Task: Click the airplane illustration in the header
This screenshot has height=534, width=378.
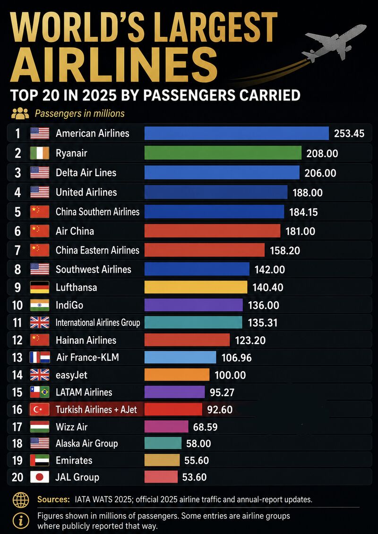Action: [x=334, y=43]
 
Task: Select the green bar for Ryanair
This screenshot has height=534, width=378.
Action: [x=223, y=153]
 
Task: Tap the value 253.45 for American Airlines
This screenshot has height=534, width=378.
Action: [x=349, y=134]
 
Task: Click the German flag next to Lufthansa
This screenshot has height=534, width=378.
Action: [x=40, y=287]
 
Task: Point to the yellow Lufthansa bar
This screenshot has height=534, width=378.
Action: [x=196, y=287]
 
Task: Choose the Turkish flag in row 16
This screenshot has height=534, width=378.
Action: [x=40, y=409]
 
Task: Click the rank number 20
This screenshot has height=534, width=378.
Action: [x=17, y=477]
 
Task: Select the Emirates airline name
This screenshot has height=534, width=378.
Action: [x=74, y=460]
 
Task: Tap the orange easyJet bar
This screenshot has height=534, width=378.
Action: [x=177, y=374]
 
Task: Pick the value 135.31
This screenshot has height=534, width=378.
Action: [x=262, y=322]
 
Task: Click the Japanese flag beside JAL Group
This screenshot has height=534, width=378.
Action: [x=40, y=477]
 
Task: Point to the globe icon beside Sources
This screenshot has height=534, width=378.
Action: [x=21, y=500]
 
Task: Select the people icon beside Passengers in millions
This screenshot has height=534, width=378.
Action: [x=20, y=113]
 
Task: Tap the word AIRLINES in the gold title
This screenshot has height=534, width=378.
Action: [x=114, y=65]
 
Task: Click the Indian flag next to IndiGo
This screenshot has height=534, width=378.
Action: [x=40, y=305]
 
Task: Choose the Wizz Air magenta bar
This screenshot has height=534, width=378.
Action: [x=166, y=426]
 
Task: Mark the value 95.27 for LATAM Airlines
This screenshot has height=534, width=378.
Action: [x=222, y=392]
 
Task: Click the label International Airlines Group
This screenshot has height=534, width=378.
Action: [x=98, y=322]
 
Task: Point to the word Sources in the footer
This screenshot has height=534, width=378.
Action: [x=53, y=500]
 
